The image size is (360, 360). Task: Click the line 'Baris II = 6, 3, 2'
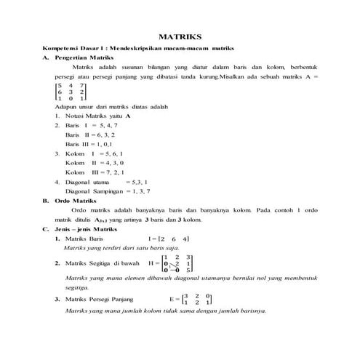pyautogui.click(x=89, y=135)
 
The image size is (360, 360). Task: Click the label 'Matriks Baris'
pyautogui.click(x=86, y=239)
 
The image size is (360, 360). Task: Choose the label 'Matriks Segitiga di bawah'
pyautogui.click(x=102, y=263)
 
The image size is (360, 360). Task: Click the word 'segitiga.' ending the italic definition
pyautogui.click(x=79, y=287)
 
